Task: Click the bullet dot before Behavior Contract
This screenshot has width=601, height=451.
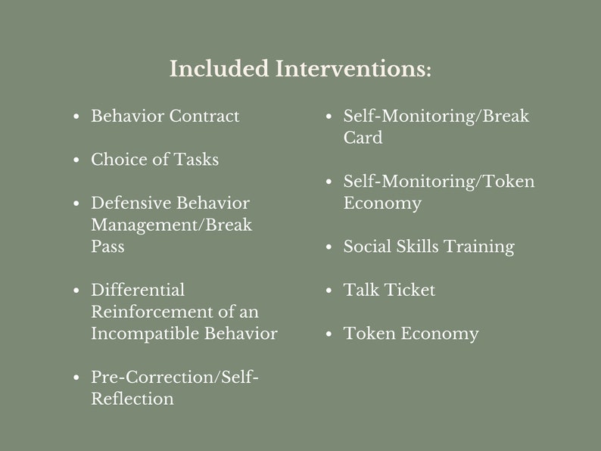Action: point(76,117)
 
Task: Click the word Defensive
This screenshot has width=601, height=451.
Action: point(130,203)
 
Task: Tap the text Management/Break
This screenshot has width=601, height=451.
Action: point(172,225)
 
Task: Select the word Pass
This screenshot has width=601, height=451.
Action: point(107,247)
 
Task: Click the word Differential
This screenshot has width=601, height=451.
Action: point(138,290)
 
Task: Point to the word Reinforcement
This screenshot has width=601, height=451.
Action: point(147,312)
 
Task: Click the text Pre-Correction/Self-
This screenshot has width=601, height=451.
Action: point(175,377)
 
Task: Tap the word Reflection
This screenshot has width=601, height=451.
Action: point(132,399)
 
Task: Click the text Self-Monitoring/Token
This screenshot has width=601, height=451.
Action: point(439,182)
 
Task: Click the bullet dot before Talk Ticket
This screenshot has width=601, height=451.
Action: point(329,291)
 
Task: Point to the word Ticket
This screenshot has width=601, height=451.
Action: point(409,290)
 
